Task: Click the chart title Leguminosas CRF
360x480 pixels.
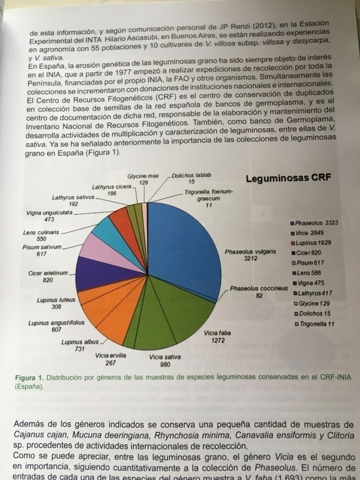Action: [x=288, y=178]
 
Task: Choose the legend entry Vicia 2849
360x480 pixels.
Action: [x=309, y=232]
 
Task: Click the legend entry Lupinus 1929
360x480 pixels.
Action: [x=312, y=243]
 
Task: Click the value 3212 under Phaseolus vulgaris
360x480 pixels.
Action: [x=251, y=258]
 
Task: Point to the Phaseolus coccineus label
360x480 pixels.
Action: [x=259, y=289]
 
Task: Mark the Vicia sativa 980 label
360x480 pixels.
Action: [x=165, y=360]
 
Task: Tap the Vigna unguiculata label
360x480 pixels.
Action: [x=49, y=216]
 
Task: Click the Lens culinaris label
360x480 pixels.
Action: [x=41, y=235]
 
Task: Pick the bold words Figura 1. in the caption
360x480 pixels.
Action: [x=30, y=377]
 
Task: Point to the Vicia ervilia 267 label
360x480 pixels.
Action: [x=111, y=359]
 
